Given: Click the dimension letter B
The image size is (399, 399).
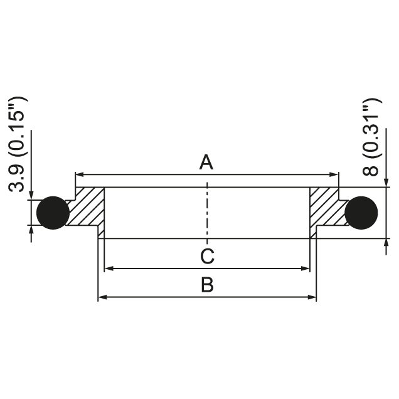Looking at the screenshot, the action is click(x=207, y=285).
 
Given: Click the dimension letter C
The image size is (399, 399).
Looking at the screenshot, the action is click(x=208, y=256).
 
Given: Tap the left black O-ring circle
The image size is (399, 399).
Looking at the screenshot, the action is click(x=53, y=213).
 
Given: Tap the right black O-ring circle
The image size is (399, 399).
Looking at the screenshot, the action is click(x=361, y=213).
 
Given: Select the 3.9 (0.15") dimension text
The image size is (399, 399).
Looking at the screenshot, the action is click(x=17, y=144).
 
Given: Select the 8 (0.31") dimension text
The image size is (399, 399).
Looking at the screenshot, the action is click(x=372, y=137).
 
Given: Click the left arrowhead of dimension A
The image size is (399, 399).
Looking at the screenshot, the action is click(x=80, y=174).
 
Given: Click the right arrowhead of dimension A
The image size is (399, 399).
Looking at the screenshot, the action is click(x=334, y=174).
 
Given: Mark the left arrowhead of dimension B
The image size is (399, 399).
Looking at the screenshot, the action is click(x=102, y=297).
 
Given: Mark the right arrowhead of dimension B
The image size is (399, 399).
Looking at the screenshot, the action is click(x=312, y=297).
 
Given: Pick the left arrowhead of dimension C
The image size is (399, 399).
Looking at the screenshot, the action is click(x=109, y=269).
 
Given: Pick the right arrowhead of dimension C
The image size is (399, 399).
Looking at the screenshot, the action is click(x=306, y=269).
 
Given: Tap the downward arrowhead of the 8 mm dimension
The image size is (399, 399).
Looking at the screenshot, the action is click(x=386, y=183).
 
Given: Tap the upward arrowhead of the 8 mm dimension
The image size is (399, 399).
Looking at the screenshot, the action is click(x=386, y=243).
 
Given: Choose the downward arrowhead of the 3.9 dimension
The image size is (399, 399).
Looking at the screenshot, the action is click(x=31, y=196).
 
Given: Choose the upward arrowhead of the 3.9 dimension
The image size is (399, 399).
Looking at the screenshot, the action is click(x=31, y=230).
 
